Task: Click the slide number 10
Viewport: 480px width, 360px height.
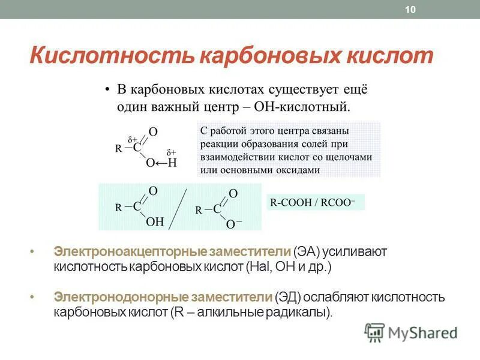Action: [x=411, y=10]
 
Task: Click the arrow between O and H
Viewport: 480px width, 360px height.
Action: [x=161, y=163]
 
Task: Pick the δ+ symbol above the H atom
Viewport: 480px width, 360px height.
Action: [x=171, y=152]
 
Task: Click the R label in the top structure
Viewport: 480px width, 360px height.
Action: [x=119, y=148]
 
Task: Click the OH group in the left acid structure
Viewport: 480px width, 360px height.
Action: [x=155, y=221]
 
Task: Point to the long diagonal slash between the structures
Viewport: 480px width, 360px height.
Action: [x=179, y=209]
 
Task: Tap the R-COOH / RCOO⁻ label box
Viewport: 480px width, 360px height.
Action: [x=314, y=202]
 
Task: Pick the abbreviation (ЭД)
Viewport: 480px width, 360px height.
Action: [x=287, y=298]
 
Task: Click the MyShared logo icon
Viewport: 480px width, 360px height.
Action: [x=375, y=332]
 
